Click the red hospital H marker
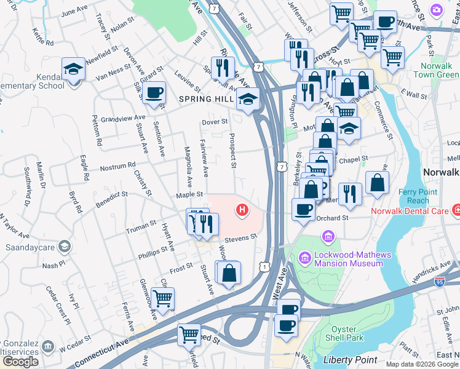pyautogui.click(x=243, y=210)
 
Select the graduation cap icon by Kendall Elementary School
pyautogui.click(x=73, y=68)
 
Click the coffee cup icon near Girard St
pyautogui.click(x=155, y=93)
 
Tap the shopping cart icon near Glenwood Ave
pyautogui.click(x=162, y=298)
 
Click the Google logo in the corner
pyautogui.click(x=20, y=361)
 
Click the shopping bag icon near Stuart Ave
pyautogui.click(x=228, y=272)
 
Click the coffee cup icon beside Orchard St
pyautogui.click(x=303, y=209)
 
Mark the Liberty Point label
pyautogui.click(x=348, y=359)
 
